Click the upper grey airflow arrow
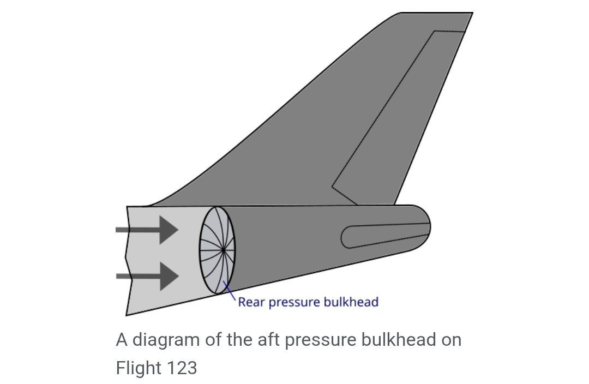click(147, 230)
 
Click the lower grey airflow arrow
click(147, 276)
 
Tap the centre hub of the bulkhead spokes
click(224, 250)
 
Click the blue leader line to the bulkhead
click(230, 290)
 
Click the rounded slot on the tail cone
click(386, 237)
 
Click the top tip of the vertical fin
click(472, 13)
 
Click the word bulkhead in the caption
click(398, 339)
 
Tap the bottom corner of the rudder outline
click(357, 205)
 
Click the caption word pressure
click(320, 341)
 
